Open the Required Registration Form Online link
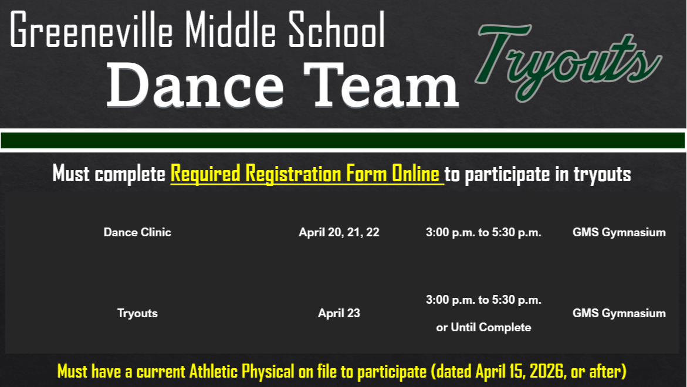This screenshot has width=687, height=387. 306,174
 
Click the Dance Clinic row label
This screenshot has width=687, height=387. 137,232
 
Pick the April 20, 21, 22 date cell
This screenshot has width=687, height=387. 339,232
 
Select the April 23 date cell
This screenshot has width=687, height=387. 339,313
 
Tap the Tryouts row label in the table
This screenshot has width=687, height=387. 137,313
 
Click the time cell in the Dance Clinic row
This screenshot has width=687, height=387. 483,232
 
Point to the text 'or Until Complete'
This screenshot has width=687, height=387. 483,327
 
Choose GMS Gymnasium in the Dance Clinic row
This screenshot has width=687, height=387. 619,232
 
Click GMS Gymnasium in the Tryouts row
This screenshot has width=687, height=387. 619,313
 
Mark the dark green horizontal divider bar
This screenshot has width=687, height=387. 343,141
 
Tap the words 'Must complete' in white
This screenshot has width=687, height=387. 109,174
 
